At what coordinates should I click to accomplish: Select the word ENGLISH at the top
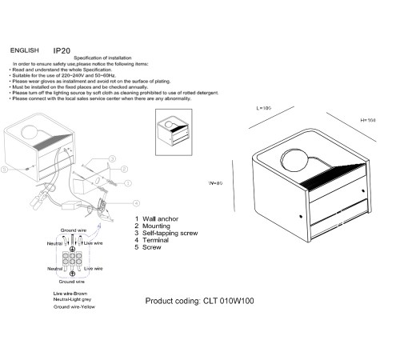(x=27, y=50)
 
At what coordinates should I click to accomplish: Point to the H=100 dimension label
(x=368, y=120)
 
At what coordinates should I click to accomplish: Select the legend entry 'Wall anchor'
(x=157, y=218)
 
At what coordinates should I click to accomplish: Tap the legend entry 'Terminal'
(x=154, y=240)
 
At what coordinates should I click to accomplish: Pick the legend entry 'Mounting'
(x=155, y=226)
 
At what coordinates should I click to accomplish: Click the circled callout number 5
(x=6, y=170)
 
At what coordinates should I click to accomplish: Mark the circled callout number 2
(x=125, y=169)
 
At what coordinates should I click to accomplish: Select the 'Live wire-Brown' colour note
(x=68, y=294)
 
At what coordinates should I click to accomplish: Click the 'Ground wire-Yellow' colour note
(x=72, y=308)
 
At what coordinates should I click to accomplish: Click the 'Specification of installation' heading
(x=105, y=58)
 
